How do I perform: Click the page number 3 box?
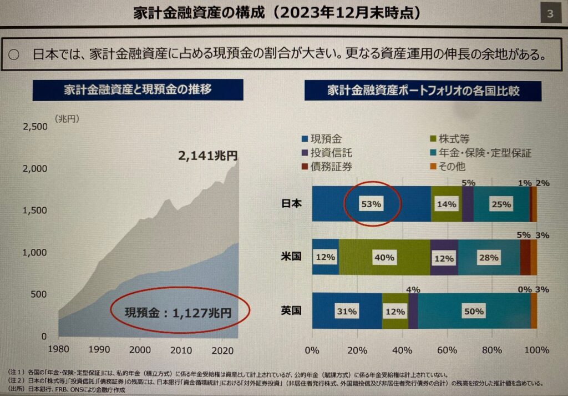click(x=549, y=14)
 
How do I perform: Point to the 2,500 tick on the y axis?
click(x=35, y=127)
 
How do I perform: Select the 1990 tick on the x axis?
click(x=99, y=350)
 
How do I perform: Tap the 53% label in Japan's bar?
click(x=372, y=204)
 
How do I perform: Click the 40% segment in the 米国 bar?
click(x=384, y=258)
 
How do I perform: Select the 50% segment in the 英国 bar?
click(x=474, y=312)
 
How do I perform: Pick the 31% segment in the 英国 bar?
click(x=346, y=312)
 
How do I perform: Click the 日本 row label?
click(x=291, y=203)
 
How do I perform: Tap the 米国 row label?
click(x=291, y=257)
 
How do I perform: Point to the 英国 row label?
click(x=291, y=310)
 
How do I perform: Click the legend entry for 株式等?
click(x=450, y=139)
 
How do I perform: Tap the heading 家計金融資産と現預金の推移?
click(x=138, y=89)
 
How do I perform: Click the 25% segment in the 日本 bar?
click(x=500, y=204)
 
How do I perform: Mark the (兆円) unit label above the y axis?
click(x=67, y=118)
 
